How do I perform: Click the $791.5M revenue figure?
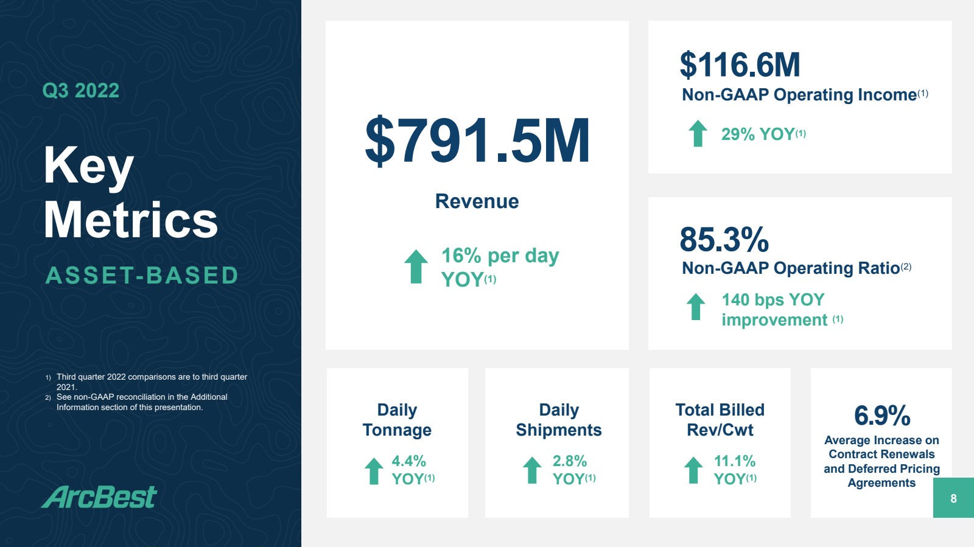point(477,141)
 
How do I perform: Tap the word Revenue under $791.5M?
point(477,201)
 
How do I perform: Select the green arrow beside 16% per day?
point(416,267)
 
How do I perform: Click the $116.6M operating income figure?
point(740,64)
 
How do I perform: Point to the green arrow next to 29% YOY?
point(698,133)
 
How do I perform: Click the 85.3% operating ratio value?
point(724,239)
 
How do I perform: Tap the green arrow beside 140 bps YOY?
point(696,307)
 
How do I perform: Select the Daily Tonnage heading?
point(397,420)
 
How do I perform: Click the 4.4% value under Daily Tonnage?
point(408,461)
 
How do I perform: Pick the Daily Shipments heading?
point(559,420)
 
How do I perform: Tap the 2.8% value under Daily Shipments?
point(570,461)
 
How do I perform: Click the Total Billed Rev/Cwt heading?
point(720,420)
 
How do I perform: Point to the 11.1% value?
point(735,461)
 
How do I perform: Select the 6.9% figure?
point(882,416)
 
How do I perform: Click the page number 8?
point(953,498)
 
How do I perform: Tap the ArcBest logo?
point(99,496)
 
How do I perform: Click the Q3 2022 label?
point(81,91)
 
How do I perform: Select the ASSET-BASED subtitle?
point(142,276)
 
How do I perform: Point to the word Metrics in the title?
point(130,220)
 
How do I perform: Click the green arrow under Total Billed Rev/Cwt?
point(693,470)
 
